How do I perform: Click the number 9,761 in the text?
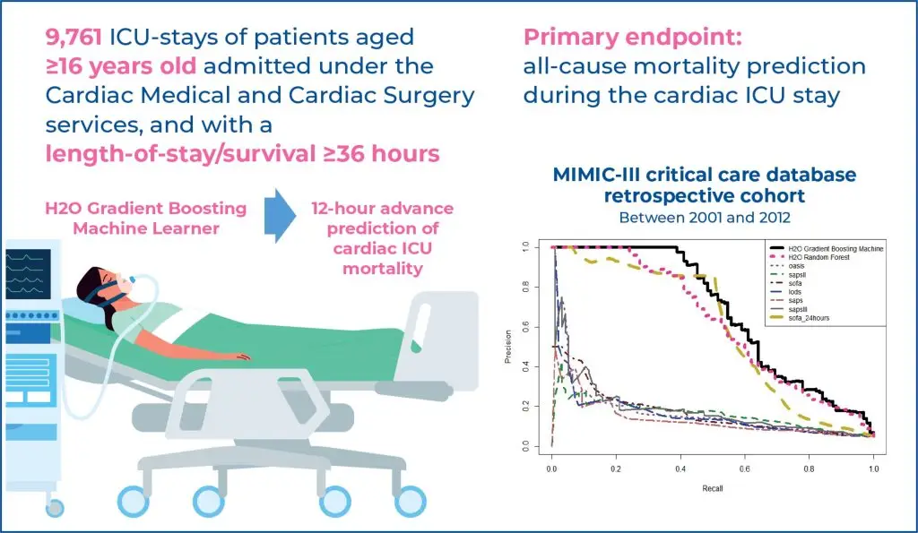pos(74,38)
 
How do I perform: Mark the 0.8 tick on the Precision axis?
pos(538,286)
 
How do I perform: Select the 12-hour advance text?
pos(383,208)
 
